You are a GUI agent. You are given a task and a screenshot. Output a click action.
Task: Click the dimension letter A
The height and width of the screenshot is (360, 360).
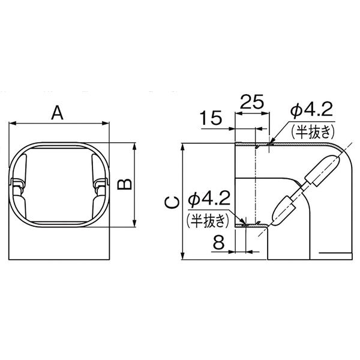point(58,112)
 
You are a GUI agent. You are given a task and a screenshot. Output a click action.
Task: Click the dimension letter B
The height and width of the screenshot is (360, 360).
point(124,184)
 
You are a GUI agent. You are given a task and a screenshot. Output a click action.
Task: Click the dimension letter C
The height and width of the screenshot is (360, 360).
point(171,202)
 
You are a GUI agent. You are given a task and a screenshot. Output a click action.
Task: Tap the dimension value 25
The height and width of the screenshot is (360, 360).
point(253,103)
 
